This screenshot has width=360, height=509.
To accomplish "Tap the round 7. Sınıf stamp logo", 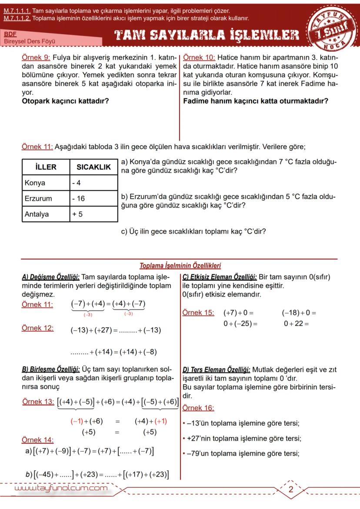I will click(333, 29).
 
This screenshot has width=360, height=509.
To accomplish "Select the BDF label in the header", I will click(9, 33).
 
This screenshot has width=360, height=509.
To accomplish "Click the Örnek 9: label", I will click(36, 57).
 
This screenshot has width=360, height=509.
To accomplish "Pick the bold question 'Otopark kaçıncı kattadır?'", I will click(65, 101).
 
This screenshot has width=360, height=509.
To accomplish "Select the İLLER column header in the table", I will click(46, 167).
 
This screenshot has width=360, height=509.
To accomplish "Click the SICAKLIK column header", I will click(93, 167).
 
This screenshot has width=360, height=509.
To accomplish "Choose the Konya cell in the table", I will click(35, 183).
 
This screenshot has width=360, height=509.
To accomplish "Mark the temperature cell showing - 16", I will click(79, 198).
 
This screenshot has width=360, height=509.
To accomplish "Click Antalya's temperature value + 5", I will click(78, 214).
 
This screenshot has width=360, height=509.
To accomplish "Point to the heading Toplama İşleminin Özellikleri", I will click(180, 265).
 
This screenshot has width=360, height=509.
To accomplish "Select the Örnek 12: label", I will click(37, 328).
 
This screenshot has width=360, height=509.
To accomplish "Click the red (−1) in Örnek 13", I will click(77, 421).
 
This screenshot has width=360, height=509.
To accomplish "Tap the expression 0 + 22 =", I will click(296, 323).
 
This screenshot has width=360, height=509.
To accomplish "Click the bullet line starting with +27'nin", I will click(243, 439).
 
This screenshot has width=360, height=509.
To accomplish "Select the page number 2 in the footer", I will click(291, 489).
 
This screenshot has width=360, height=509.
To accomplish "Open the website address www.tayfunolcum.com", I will click(61, 489).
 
